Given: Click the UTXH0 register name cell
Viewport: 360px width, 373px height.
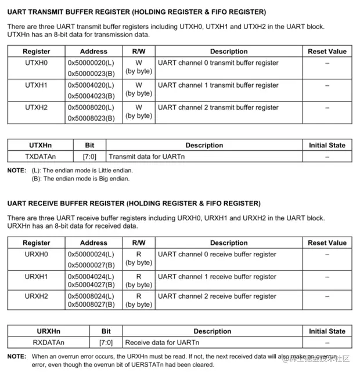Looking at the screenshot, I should pyautogui.click(x=36, y=63).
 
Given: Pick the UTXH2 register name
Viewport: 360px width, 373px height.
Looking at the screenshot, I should pyautogui.click(x=36, y=107).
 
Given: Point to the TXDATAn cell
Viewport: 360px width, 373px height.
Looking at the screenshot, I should pyautogui.click(x=40, y=156).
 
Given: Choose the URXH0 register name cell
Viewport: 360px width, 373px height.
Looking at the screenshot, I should pyautogui.click(x=36, y=255).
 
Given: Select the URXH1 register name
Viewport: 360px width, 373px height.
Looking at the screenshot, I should pyautogui.click(x=36, y=277).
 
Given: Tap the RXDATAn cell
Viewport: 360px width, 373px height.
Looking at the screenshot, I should pyautogui.click(x=49, y=343).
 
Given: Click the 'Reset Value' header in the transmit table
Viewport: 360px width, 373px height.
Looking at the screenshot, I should pyautogui.click(x=327, y=52).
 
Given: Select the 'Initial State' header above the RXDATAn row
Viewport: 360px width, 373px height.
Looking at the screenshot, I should pyautogui.click(x=327, y=331).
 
